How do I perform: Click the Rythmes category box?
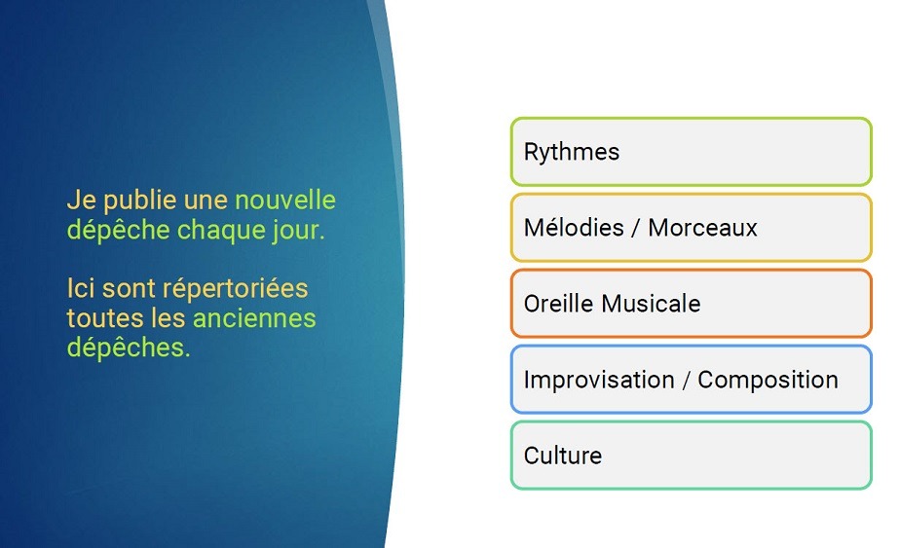pos(691,152)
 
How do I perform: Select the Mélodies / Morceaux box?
pos(691,228)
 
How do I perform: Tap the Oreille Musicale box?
pos(691,304)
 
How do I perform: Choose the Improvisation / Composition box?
pos(691,380)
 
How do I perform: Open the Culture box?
pos(691,456)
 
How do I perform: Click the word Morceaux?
pos(702,228)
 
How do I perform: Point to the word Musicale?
pos(651,304)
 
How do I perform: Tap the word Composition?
pos(768,380)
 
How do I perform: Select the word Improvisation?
pos(599,380)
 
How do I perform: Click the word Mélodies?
pos(574,227)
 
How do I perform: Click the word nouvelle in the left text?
pos(285,201)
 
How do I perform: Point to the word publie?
pos(140,201)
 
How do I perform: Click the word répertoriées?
pos(236,289)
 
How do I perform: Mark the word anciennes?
pos(254,318)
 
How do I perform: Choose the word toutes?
pos(105,318)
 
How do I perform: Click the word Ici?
pos(81,288)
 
